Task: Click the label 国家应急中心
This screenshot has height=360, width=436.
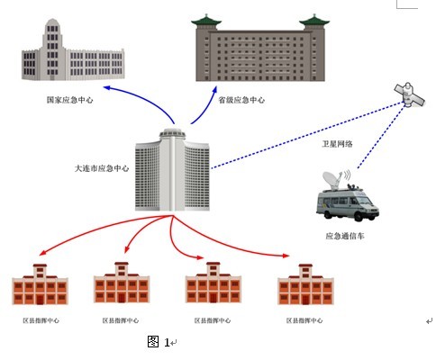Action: tap(70, 100)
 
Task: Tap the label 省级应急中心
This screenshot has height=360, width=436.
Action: tap(241, 100)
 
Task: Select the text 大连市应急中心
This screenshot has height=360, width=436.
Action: tap(102, 168)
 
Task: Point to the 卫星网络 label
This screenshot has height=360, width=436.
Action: tap(337, 144)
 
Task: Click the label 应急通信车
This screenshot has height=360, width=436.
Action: tap(345, 236)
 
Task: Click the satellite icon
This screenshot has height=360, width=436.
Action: tap(410, 94)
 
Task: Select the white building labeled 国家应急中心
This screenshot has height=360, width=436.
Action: tap(73, 50)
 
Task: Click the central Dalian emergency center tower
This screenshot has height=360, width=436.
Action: tap(172, 170)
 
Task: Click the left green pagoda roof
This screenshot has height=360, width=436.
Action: tap(206, 22)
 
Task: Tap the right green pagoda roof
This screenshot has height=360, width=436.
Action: tap(314, 22)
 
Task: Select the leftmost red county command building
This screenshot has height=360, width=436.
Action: tap(40, 284)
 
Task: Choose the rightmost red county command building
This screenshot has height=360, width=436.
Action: tap(305, 284)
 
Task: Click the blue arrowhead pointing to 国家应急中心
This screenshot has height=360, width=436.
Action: tap(107, 87)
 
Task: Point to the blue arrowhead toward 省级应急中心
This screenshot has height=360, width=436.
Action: tap(214, 90)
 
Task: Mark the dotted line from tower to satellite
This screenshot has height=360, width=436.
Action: tap(308, 135)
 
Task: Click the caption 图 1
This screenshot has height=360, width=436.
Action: tap(159, 342)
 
